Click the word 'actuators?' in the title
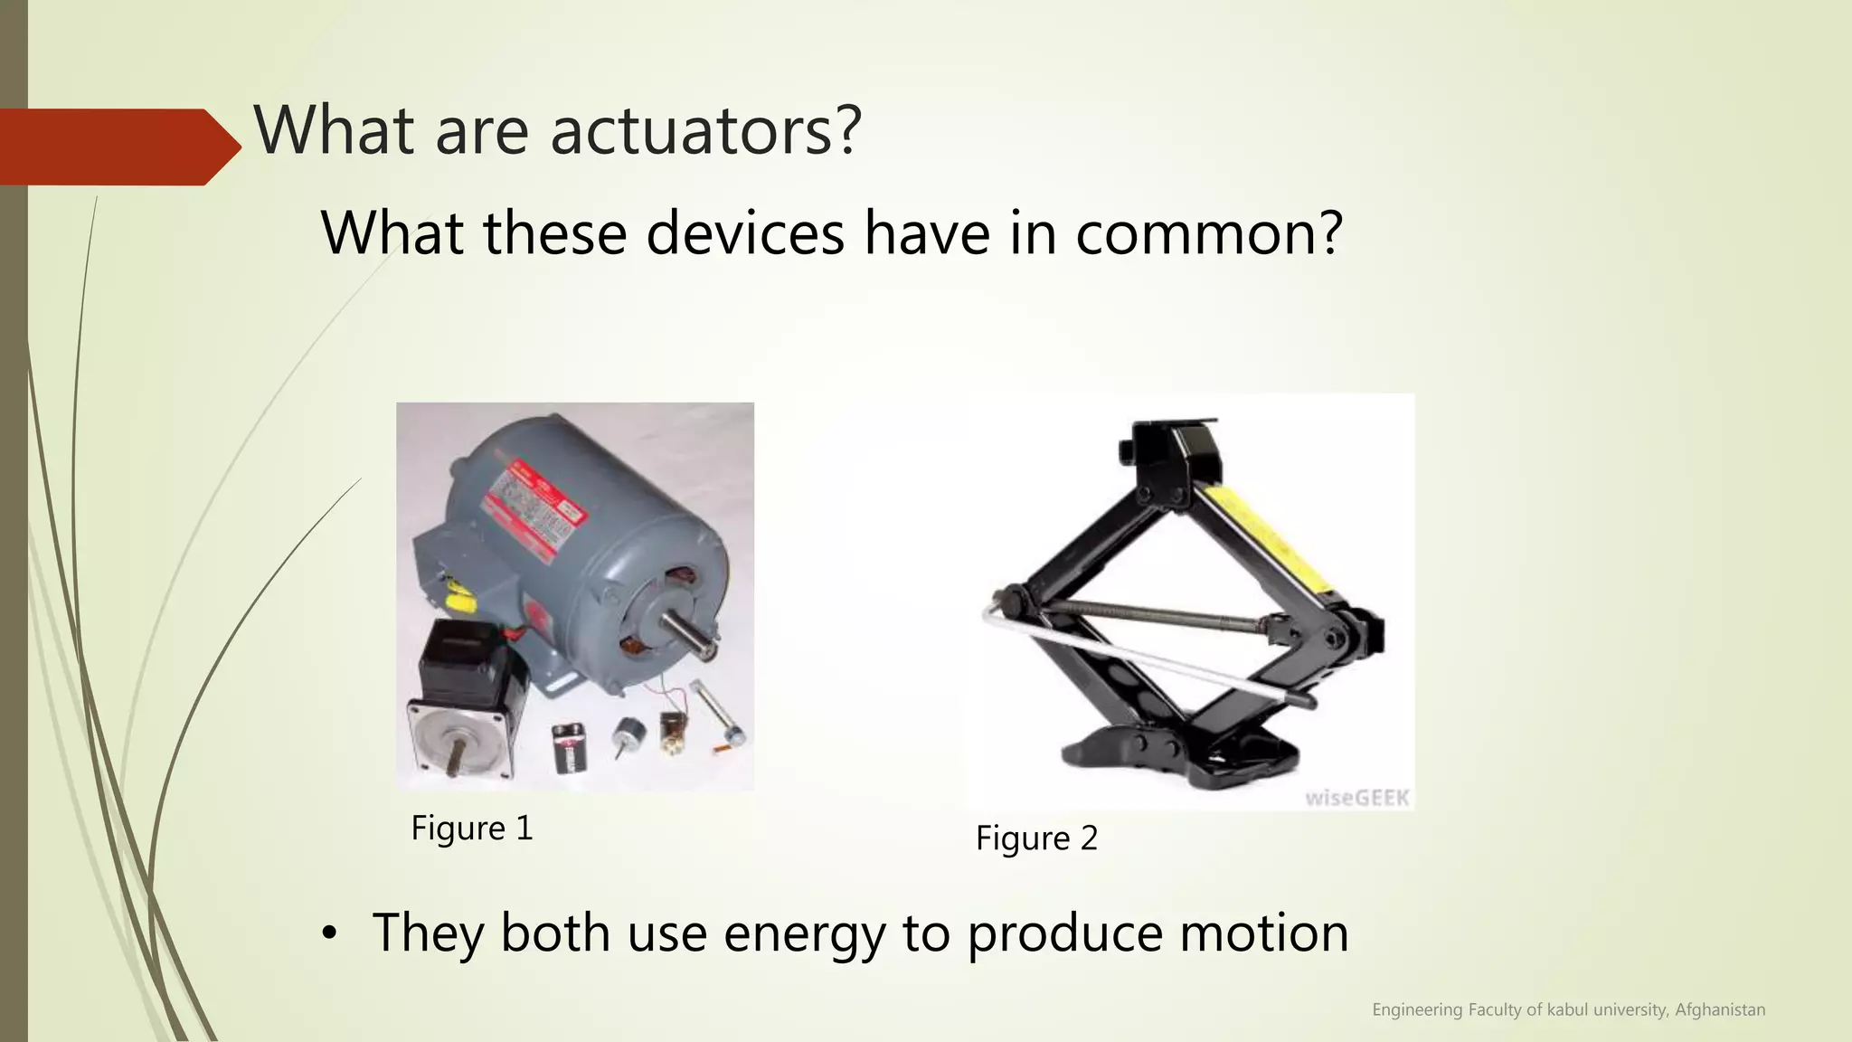(705, 130)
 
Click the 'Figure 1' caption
(472, 828)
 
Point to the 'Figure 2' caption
(1036, 838)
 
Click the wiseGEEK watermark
(1356, 798)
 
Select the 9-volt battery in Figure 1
(571, 747)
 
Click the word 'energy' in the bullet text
(805, 933)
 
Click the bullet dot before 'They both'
(329, 933)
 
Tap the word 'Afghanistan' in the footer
(1720, 1009)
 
